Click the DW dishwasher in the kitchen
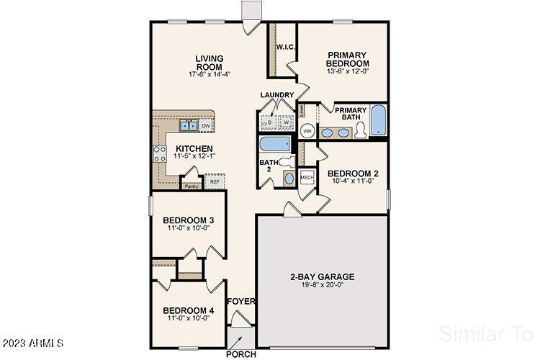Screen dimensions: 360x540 205,126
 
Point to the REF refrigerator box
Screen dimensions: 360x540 214,182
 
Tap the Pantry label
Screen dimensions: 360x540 191,186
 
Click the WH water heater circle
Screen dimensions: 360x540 307,131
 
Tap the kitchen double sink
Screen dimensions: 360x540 189,126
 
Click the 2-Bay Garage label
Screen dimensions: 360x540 322,276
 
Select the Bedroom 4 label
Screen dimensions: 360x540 188,310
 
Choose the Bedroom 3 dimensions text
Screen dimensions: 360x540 188,229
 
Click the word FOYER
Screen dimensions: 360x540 241,301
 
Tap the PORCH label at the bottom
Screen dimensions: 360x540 240,354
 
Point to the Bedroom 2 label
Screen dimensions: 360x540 353,173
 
